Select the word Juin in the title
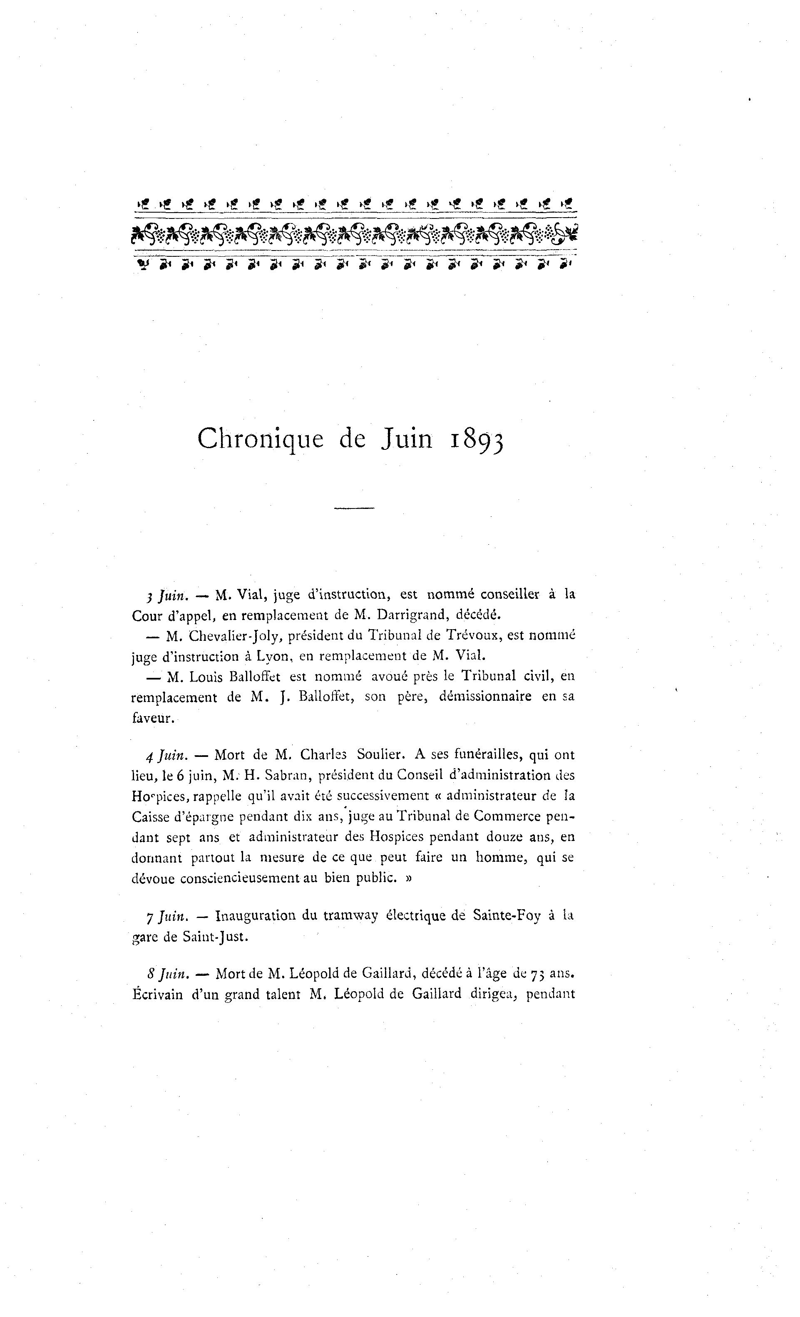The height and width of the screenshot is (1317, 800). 406,439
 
